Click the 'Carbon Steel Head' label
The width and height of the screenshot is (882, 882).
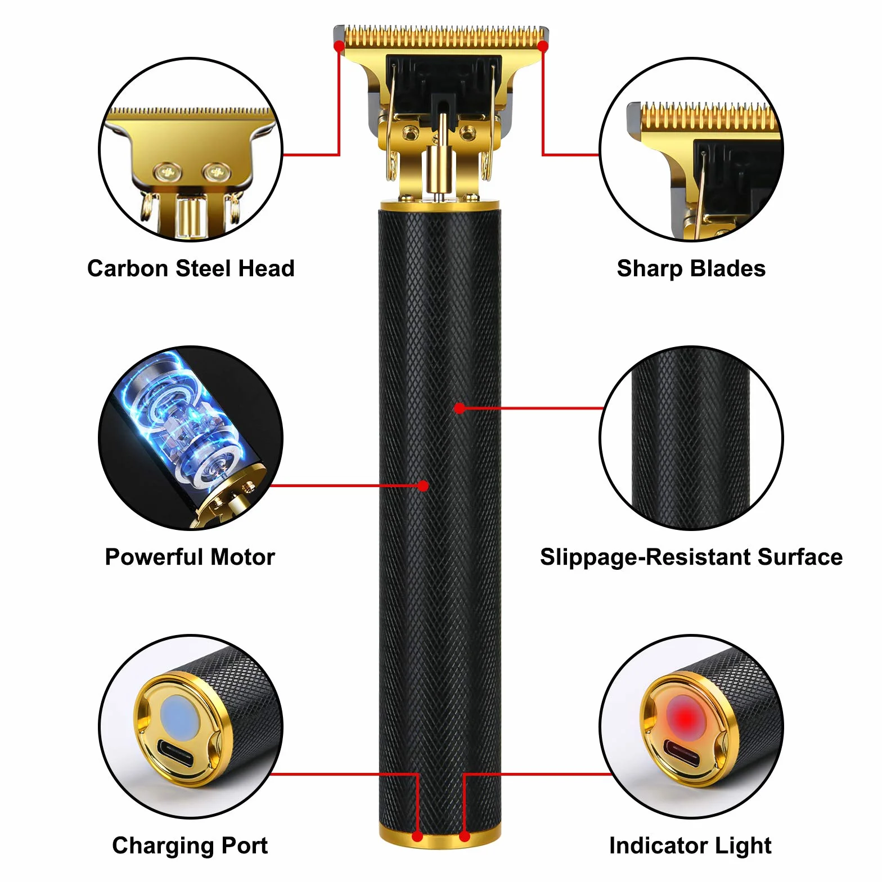pyautogui.click(x=191, y=268)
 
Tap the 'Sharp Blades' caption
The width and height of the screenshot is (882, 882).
pyautogui.click(x=691, y=268)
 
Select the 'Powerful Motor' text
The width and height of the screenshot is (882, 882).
pyautogui.click(x=190, y=557)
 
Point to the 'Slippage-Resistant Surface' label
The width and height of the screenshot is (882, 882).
pyautogui.click(x=691, y=557)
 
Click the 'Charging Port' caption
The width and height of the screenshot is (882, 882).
pyautogui.click(x=190, y=845)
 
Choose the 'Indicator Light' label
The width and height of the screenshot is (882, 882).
pyautogui.click(x=691, y=845)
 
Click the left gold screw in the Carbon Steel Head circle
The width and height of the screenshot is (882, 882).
pyautogui.click(x=167, y=170)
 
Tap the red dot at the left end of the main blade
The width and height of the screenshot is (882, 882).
pyautogui.click(x=339, y=46)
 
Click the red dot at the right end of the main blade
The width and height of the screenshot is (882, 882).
pyautogui.click(x=543, y=46)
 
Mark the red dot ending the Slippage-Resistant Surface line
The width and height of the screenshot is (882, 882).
pyautogui.click(x=460, y=408)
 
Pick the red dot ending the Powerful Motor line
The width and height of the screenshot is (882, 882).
pyautogui.click(x=424, y=485)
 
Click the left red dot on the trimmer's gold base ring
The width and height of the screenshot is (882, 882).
pyautogui.click(x=417, y=837)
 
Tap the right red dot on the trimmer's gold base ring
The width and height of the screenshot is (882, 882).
pyautogui.click(x=465, y=837)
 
